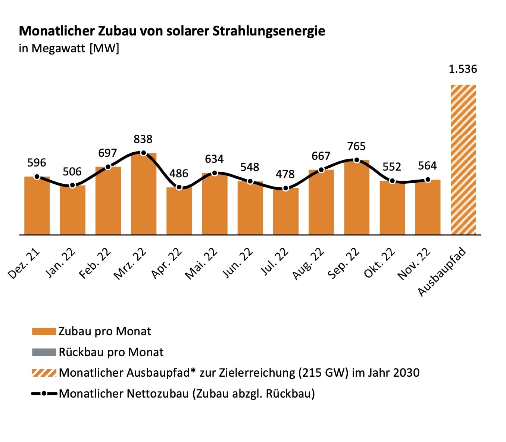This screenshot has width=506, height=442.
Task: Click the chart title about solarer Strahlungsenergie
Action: [x=172, y=31]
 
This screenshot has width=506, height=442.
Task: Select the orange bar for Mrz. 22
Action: [x=144, y=194]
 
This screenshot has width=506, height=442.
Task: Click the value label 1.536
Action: [x=463, y=69]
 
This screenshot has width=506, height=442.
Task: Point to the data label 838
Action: [x=143, y=139]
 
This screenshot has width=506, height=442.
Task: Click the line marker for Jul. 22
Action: [x=286, y=188]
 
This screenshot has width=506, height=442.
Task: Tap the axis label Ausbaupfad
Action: [x=442, y=271]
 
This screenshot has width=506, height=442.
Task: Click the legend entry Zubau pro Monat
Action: [x=105, y=331]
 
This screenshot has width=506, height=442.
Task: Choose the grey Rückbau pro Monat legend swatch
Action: [x=44, y=352]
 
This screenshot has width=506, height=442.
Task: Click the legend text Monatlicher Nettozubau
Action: [x=187, y=393]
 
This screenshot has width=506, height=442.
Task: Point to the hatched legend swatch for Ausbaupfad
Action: [x=44, y=373]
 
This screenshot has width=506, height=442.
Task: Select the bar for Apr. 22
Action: [x=179, y=211]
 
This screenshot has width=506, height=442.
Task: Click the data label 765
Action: [x=356, y=146]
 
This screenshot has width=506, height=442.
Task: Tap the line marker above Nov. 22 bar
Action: [x=428, y=180]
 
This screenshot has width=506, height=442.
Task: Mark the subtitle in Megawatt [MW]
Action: [x=69, y=49]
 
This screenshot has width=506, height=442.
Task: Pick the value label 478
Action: [x=285, y=174]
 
